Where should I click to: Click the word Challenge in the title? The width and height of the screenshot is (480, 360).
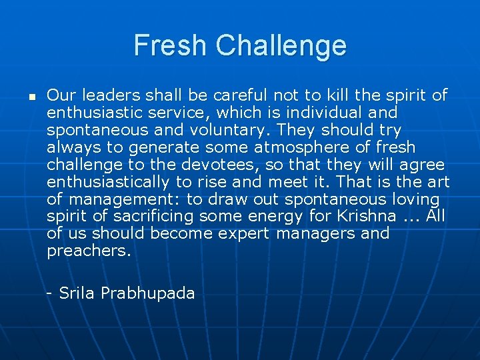coord(281,46)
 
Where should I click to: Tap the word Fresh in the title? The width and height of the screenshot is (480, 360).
coord(171,46)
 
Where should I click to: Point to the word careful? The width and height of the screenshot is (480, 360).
coord(215,95)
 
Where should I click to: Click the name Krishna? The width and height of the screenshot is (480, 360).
coord(368,217)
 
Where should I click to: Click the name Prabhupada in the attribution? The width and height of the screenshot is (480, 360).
coord(147,293)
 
